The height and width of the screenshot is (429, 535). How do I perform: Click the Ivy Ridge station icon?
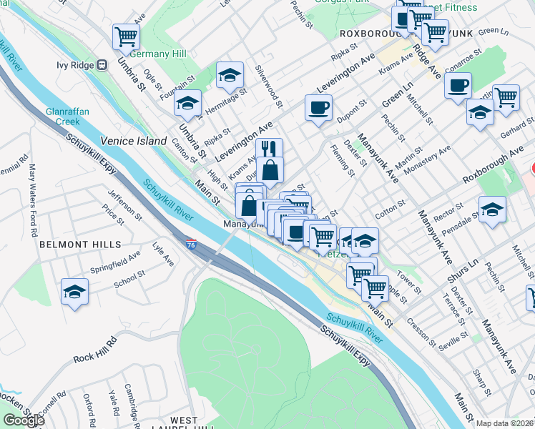tap(102, 64)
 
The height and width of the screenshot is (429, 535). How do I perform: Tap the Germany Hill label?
tap(159, 54)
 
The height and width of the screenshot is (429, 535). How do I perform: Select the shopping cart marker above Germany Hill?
tap(126, 36)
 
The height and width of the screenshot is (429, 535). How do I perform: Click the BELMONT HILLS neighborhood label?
tap(70, 244)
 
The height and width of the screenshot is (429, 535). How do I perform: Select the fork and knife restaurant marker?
tap(269, 149)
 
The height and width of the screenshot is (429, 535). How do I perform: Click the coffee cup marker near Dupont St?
tap(318, 107)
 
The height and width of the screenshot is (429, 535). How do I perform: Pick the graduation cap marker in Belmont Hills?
tap(74, 292)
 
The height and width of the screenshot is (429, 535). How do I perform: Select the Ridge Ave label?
tap(427, 61)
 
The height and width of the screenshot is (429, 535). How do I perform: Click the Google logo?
tap(23, 420)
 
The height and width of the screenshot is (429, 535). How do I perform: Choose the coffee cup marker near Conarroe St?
tap(458, 86)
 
